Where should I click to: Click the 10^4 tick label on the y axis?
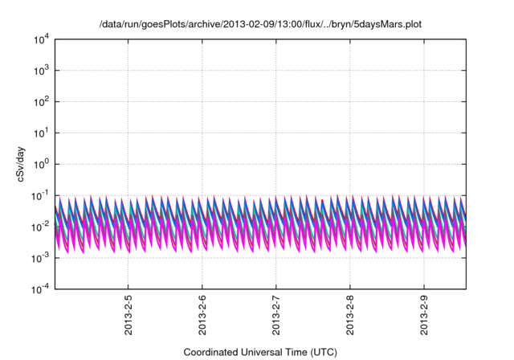39,39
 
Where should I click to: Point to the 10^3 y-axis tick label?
39,70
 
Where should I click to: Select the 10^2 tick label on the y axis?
39,101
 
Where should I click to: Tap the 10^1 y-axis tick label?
39,133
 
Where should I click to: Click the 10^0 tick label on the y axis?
39,164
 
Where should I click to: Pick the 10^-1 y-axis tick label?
39,195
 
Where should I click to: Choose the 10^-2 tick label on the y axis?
39,227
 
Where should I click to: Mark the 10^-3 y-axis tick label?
39,258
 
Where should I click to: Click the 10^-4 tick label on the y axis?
39,289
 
